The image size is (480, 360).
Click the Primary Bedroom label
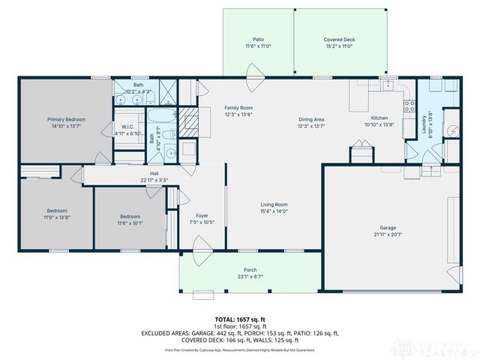[x=66, y=119]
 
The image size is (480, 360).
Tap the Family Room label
[x=238, y=108]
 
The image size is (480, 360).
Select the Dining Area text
[x=310, y=119]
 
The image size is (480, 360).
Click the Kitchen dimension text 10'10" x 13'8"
[x=379, y=125]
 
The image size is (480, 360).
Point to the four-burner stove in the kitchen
[x=410, y=106]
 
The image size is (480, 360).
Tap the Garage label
[x=388, y=227]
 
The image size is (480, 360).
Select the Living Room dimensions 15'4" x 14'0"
[x=274, y=211]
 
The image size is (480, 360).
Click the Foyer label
[x=202, y=215]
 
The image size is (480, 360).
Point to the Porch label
[x=250, y=270]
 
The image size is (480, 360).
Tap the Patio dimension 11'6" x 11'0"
[x=257, y=46]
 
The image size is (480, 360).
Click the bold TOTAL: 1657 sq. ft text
[x=239, y=319]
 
